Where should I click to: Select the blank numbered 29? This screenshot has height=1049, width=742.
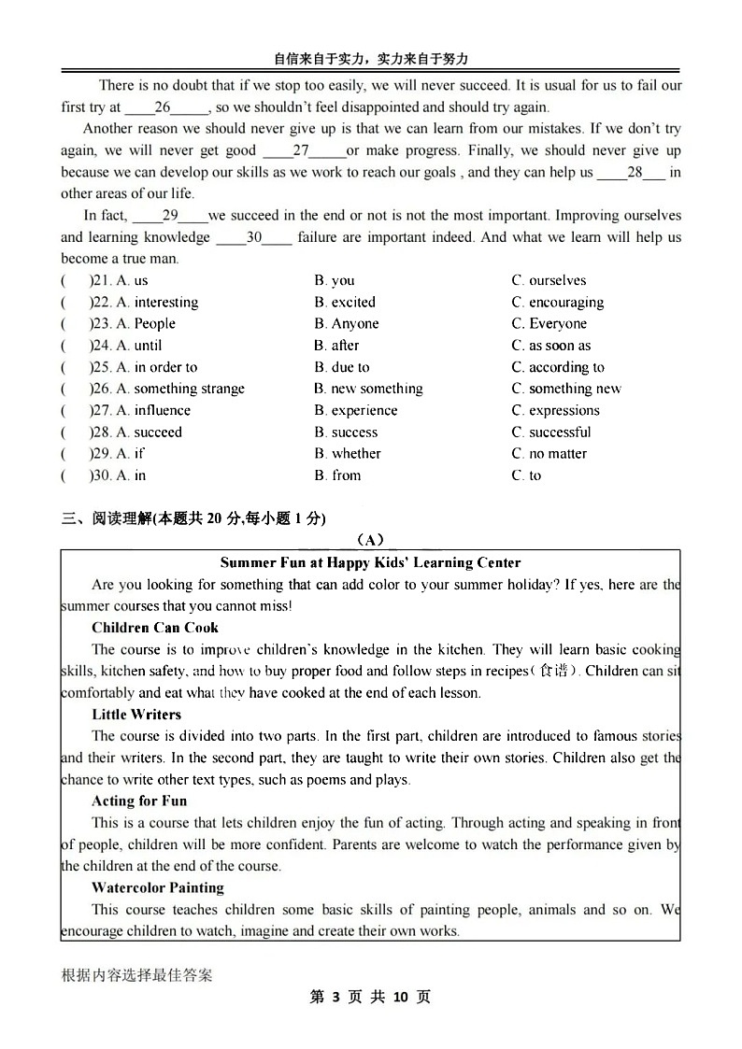(x=170, y=216)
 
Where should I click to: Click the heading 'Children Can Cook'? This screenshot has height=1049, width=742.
(x=155, y=628)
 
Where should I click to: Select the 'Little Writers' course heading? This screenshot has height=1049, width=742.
(x=136, y=715)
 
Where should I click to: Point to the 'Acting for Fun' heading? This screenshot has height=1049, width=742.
(x=139, y=801)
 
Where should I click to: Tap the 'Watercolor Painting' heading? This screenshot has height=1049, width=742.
(x=158, y=888)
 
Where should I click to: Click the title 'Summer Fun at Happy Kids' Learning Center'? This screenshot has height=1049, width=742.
(x=370, y=562)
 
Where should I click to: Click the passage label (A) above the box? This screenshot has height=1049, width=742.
(x=370, y=540)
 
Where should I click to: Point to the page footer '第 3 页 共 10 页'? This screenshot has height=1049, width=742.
(x=370, y=998)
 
